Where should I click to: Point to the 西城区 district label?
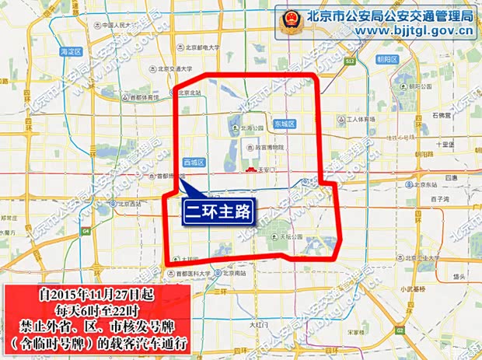[x=193, y=162]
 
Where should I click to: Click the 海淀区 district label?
[x=70, y=51]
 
